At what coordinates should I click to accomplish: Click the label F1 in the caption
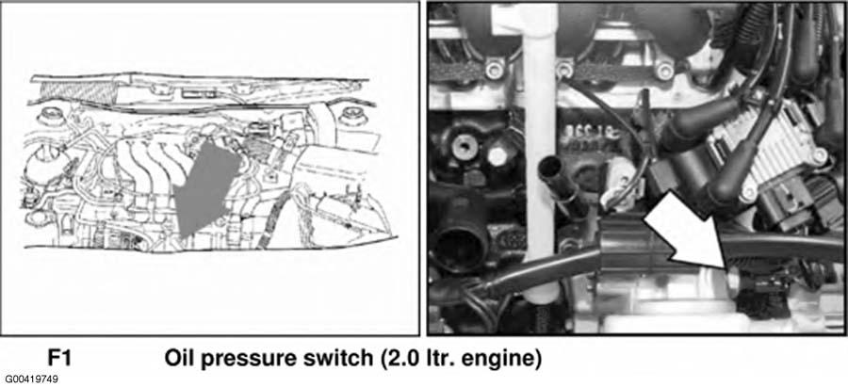coord(60,358)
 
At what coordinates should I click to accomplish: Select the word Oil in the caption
coord(180,358)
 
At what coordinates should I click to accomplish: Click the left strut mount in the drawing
coord(50,116)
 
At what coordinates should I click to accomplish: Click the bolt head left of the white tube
coord(493,69)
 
